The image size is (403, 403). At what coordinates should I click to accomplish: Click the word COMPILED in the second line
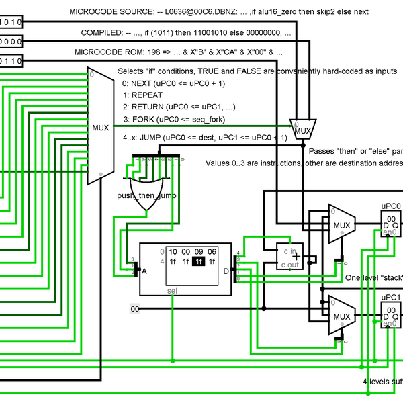tap(101, 32)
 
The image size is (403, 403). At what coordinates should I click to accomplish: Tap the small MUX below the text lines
tap(303, 130)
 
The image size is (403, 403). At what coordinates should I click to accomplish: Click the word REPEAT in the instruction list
tap(146, 95)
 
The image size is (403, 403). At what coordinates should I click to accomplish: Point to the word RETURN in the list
tap(149, 107)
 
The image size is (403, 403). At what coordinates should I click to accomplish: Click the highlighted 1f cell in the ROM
tap(198, 261)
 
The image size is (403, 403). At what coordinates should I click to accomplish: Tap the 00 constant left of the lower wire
tap(135, 309)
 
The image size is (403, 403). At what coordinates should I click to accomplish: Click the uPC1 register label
tap(390, 296)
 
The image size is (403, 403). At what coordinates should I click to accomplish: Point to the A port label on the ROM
tap(143, 271)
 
